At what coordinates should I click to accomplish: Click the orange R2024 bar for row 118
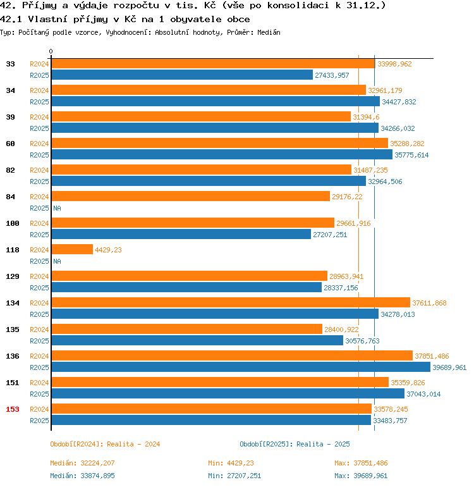tap(71, 250)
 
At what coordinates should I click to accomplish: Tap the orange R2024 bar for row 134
tap(230, 303)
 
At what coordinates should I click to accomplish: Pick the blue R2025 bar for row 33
tap(181, 75)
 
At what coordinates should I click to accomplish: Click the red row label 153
tap(13, 409)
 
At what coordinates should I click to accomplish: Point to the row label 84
tap(10, 197)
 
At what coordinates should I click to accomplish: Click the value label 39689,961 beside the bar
tap(449, 367)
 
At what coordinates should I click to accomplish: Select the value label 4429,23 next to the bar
tap(108, 250)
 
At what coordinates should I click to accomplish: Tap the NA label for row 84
tap(57, 208)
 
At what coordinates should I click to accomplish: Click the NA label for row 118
tap(57, 261)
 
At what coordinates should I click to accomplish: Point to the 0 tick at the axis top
tap(51, 51)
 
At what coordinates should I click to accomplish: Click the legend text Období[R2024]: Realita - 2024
tap(105, 444)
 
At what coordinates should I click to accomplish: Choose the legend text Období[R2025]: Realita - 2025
tap(295, 444)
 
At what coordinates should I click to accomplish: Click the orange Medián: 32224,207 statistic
tap(82, 464)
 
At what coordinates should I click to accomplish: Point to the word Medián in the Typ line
tap(269, 32)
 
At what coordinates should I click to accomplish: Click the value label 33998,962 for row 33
tap(394, 64)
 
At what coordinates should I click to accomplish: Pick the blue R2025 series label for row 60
tap(39, 155)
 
